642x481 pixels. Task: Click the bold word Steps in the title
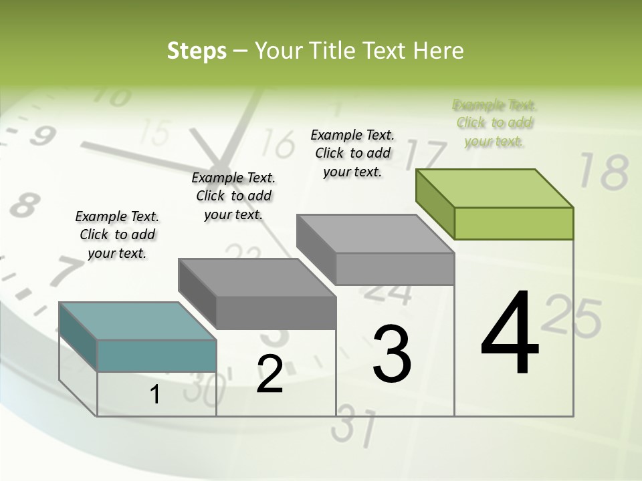point(197,51)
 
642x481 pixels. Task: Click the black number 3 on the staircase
point(391,353)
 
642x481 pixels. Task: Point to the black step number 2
point(270,374)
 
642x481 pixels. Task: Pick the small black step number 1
point(155,394)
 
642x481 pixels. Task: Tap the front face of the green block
point(514,223)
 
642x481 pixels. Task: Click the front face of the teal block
point(156,355)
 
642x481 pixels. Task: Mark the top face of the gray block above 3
point(374,233)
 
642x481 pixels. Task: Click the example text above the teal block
point(117,234)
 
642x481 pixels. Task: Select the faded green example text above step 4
point(494,123)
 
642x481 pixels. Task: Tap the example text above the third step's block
point(352,153)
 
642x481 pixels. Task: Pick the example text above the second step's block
point(233,196)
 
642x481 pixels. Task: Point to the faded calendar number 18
point(603,172)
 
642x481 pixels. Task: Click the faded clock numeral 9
point(41,137)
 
